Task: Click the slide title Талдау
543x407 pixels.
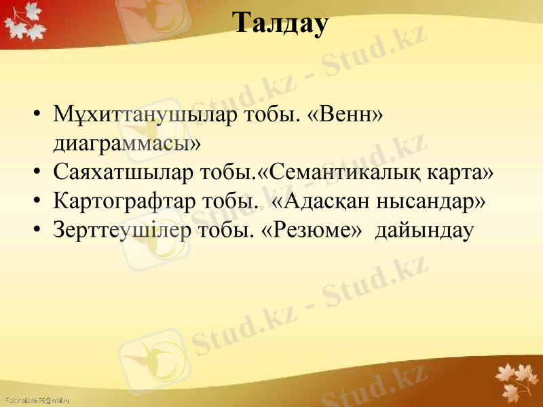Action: point(281,24)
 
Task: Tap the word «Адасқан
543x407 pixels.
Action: point(325,202)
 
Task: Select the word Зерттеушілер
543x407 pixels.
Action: point(121,231)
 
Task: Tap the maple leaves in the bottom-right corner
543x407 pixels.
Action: point(516,380)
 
